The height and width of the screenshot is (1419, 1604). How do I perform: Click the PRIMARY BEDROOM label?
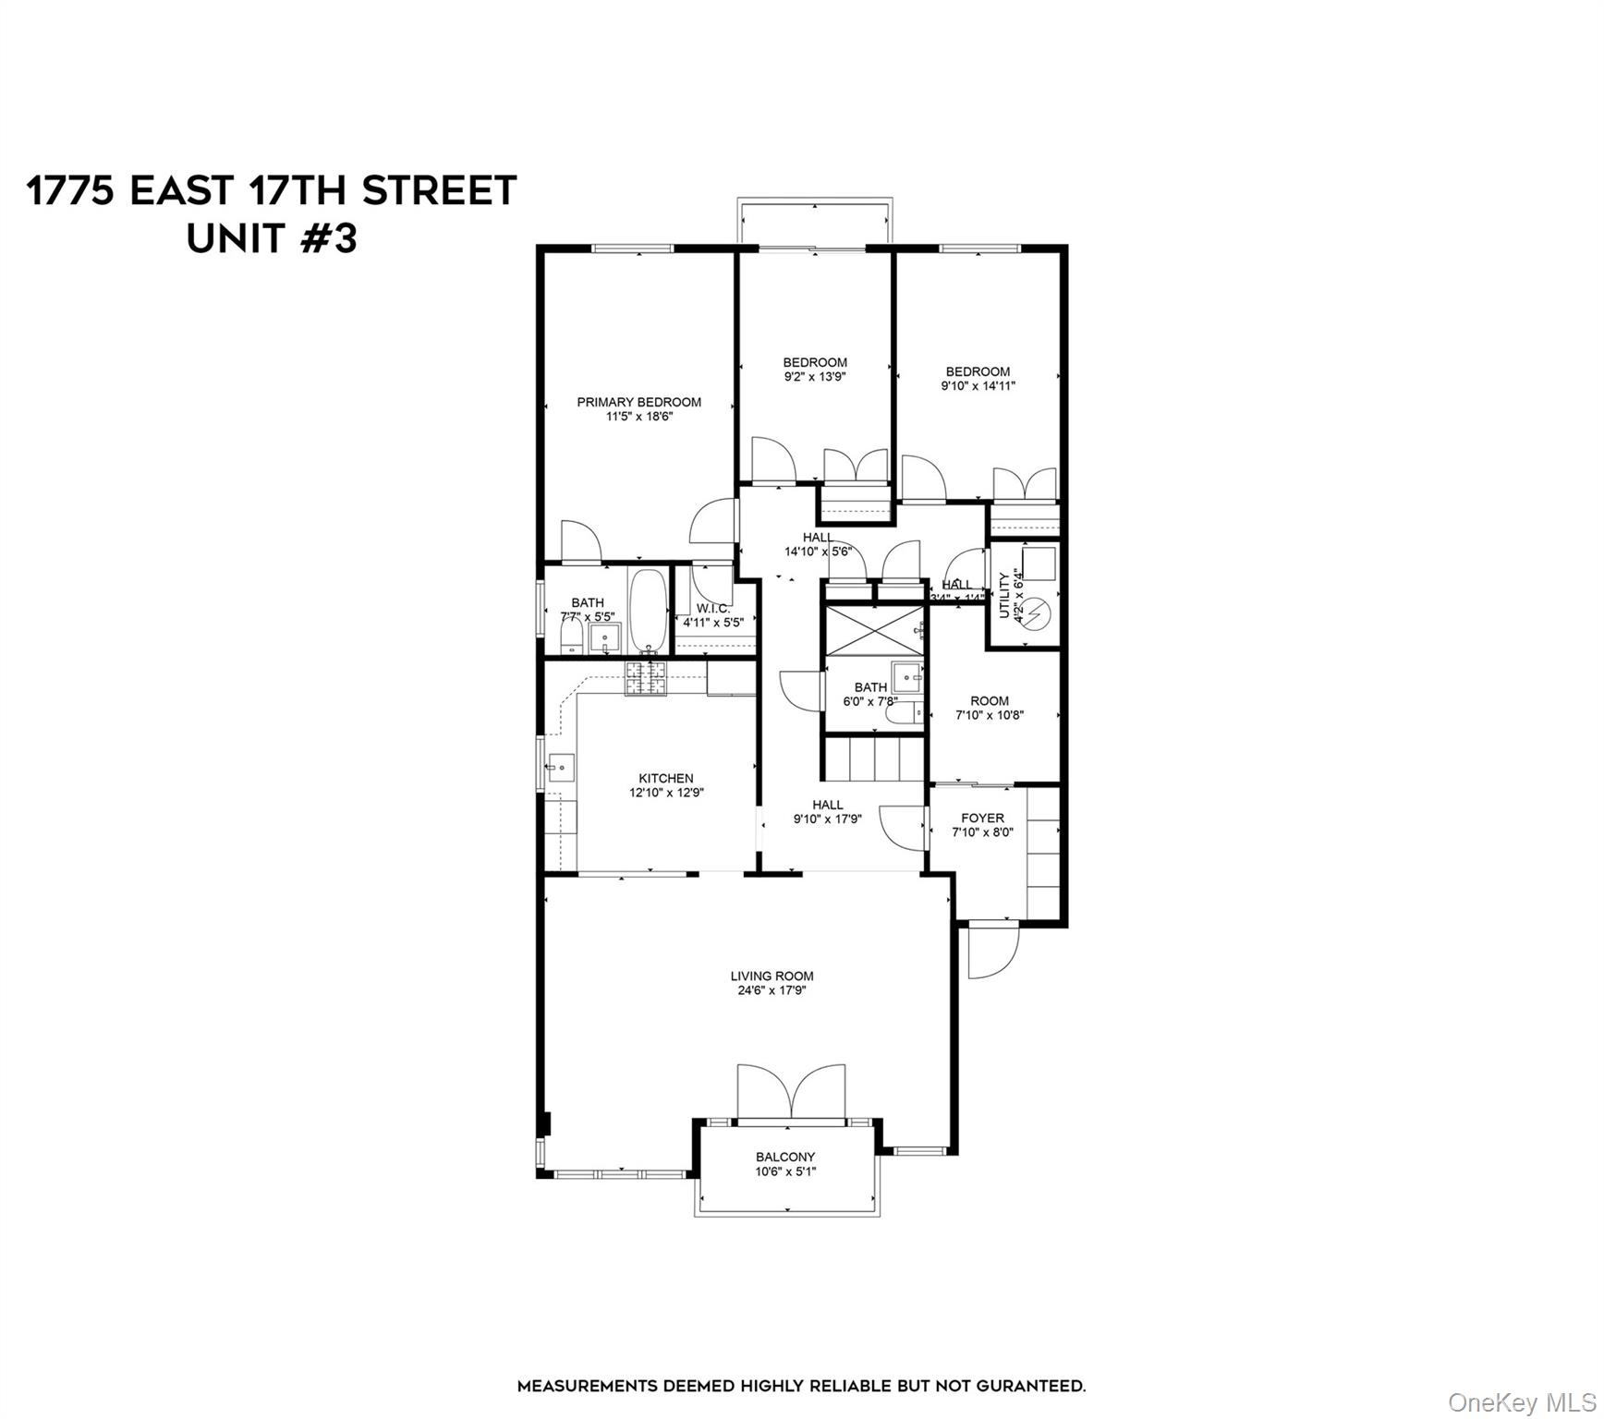[638, 402]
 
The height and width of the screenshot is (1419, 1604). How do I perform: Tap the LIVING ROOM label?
[772, 976]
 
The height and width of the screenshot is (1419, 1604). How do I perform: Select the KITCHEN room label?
[665, 778]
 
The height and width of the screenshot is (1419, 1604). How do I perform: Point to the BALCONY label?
[785, 1157]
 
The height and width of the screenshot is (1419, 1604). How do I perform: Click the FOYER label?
[982, 818]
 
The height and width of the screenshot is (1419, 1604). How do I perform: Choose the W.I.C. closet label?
[713, 608]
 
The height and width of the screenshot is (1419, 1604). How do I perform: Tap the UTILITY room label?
[1004, 595]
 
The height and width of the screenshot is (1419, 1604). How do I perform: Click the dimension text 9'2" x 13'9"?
[815, 377]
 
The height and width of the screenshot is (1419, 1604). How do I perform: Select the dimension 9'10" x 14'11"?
[978, 386]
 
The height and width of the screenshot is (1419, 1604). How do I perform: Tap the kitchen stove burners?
[646, 678]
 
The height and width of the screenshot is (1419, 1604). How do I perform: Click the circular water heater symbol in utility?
[1039, 611]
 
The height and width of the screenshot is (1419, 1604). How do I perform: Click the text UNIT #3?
[272, 238]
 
